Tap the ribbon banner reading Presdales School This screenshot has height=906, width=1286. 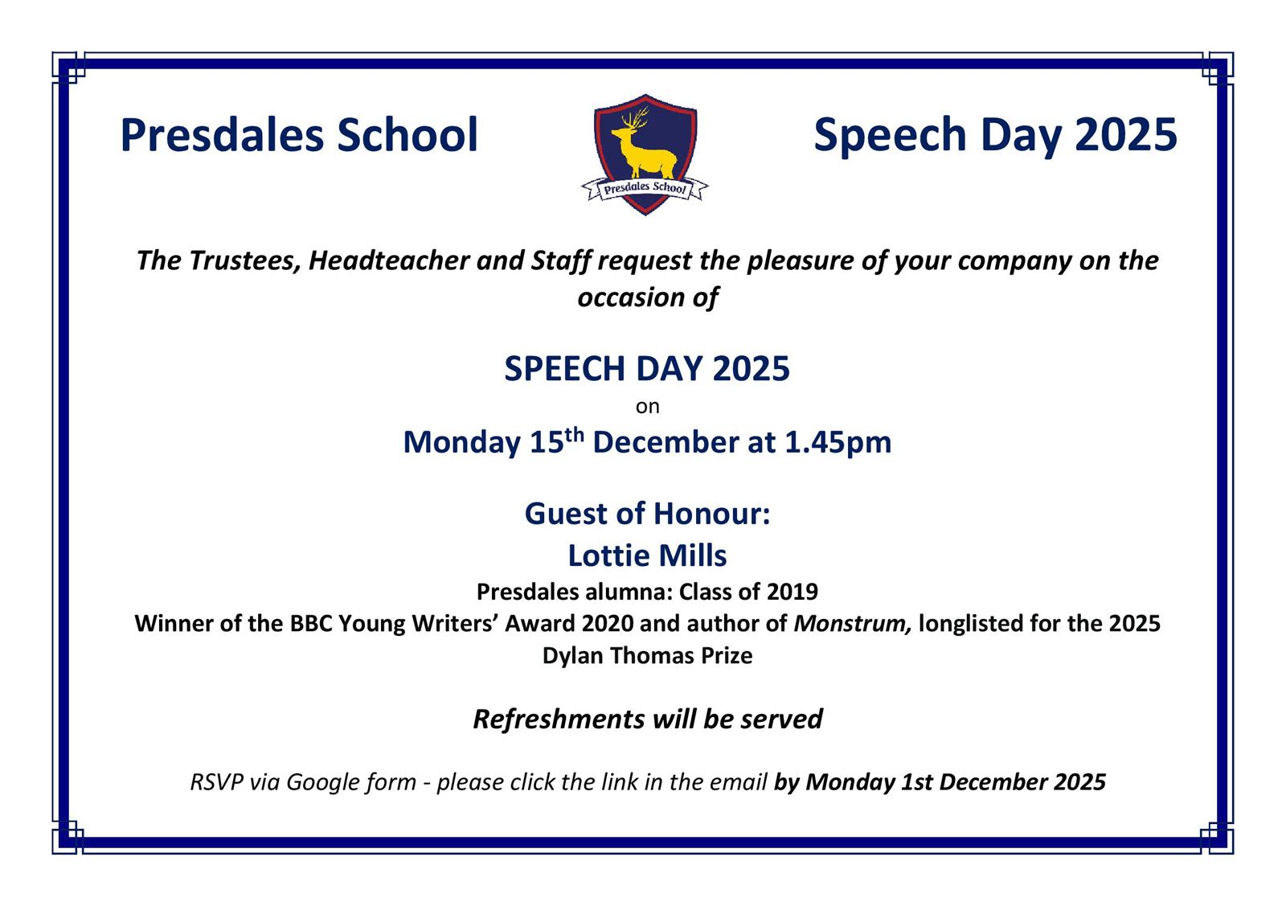pos(645,188)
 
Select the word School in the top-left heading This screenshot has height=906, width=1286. pos(407,136)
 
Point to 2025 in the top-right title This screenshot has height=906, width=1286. pos(1126,136)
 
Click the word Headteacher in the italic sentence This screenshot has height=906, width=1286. pos(389,260)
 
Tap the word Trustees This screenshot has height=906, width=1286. pos(244,261)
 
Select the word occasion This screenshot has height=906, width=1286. pos(631,298)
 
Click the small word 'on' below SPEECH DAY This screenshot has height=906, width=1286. pos(647,407)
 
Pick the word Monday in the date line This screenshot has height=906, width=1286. pos(461,443)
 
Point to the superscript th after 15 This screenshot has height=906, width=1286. pos(574,435)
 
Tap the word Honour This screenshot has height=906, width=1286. pos(711,513)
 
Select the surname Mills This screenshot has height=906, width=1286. pos(692,555)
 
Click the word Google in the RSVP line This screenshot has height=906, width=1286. pos(322,782)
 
